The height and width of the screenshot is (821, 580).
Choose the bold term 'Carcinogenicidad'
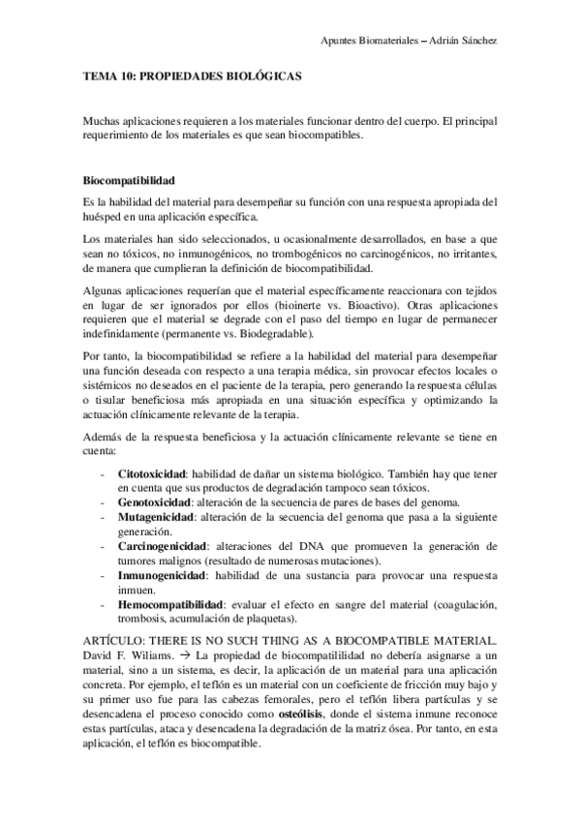163,547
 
